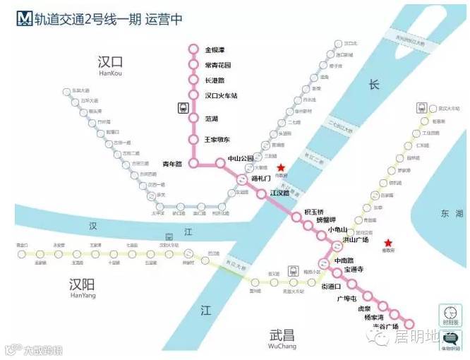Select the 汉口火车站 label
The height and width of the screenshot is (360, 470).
click(x=219, y=95)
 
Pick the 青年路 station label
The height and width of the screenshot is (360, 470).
click(x=172, y=164)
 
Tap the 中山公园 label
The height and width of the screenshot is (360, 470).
click(x=240, y=159)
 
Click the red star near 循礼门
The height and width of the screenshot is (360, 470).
click(x=281, y=168)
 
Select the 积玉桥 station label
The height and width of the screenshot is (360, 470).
click(x=314, y=212)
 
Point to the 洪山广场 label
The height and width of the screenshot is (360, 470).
click(x=356, y=239)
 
